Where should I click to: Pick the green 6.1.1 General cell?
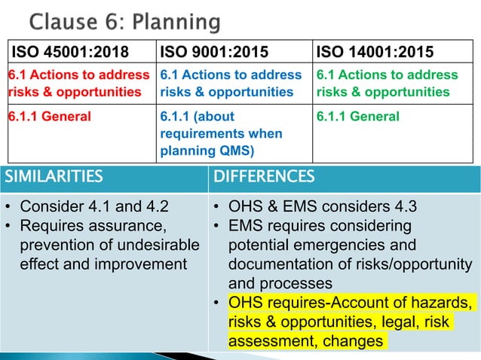pyautogui.click(x=358, y=117)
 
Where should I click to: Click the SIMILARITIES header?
pyautogui.click(x=53, y=177)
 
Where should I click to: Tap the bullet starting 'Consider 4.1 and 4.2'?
pyautogui.click(x=95, y=207)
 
